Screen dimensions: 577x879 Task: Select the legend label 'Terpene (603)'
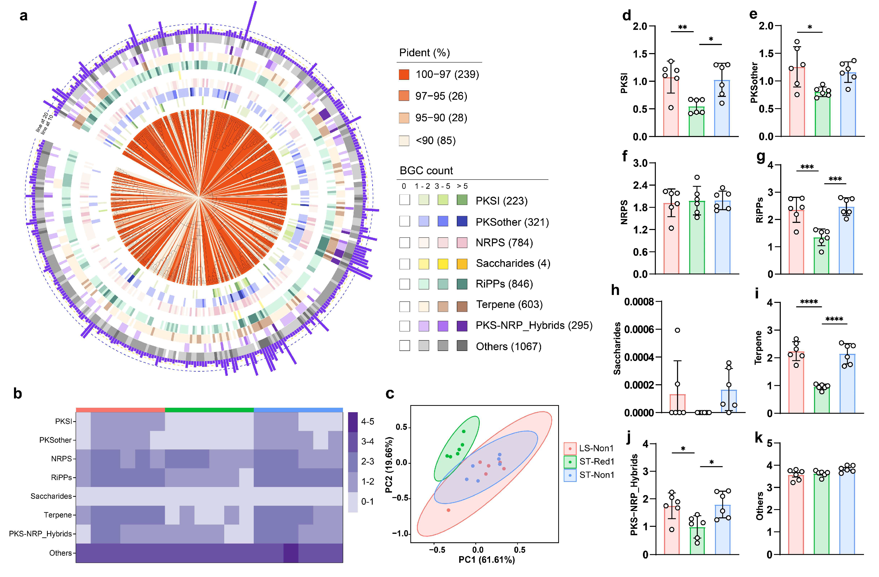click(509, 304)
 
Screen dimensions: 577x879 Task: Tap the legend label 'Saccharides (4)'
click(513, 263)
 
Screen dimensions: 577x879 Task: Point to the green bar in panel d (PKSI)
click(696, 122)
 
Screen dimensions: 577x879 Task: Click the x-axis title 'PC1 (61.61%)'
click(486, 560)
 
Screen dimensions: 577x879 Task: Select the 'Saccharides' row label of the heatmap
click(51, 496)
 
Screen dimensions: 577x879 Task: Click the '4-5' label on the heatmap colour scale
click(368, 421)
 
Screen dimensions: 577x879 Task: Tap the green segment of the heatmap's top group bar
click(209, 410)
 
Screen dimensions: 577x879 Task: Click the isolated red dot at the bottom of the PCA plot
click(448, 510)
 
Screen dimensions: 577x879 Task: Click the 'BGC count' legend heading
click(426, 171)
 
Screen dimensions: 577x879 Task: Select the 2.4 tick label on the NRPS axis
click(640, 185)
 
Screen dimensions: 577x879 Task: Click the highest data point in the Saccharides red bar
click(677, 330)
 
